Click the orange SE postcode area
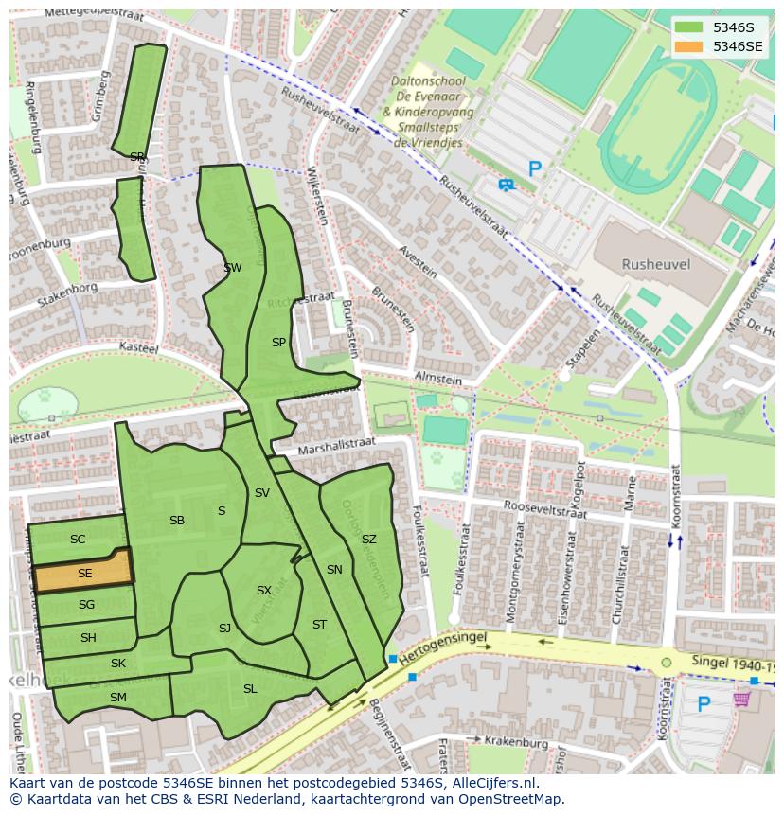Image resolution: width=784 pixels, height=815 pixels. pos(83,574)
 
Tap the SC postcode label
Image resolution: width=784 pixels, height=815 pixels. pos(78,540)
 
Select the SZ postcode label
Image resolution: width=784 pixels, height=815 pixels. pos(368,540)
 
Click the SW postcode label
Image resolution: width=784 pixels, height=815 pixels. pos(232,268)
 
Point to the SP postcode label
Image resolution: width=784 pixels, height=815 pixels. pos(278,343)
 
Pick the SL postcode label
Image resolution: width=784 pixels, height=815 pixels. pos(250,689)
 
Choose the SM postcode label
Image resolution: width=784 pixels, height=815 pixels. pos(117,698)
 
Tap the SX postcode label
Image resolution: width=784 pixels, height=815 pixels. pos(263,591)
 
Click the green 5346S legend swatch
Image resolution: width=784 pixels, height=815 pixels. pos(688,27)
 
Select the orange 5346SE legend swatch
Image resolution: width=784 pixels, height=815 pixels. pos(688,46)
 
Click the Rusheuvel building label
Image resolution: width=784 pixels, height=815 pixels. pos(655,264)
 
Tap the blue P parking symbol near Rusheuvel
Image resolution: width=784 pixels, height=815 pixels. pos(535,169)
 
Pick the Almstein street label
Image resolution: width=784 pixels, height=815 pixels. pos(437,379)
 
